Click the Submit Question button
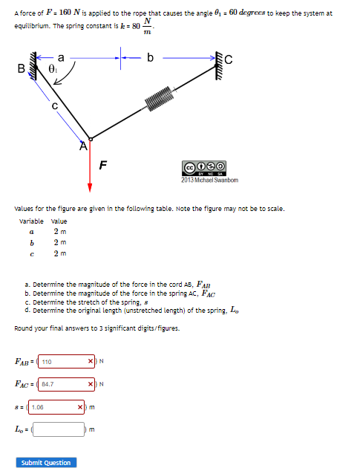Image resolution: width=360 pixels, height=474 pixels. pyautogui.click(x=46, y=462)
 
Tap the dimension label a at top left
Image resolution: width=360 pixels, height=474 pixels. pyautogui.click(x=60, y=55)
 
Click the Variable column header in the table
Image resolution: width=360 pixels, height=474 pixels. pyautogui.click(x=31, y=221)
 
